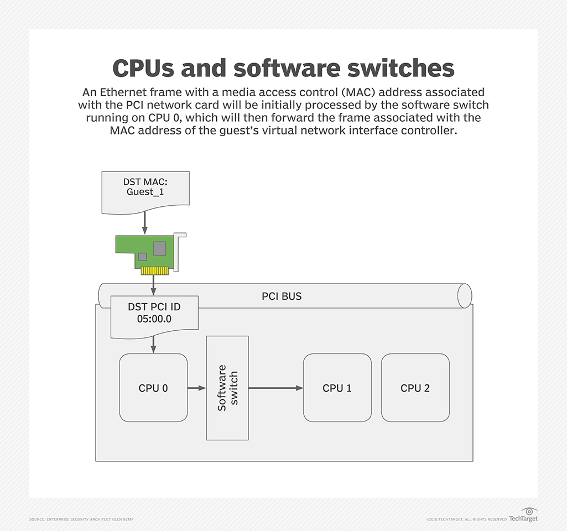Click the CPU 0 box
point(153,388)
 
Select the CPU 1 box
point(337,388)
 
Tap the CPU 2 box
point(415,388)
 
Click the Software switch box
point(227,388)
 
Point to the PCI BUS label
point(282,296)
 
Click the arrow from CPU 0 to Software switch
point(196,388)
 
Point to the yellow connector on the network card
point(154,272)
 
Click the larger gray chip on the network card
point(160,248)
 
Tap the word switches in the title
point(396,68)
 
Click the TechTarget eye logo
point(529,512)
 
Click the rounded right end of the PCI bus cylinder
point(465,296)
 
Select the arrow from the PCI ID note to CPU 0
point(153,345)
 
